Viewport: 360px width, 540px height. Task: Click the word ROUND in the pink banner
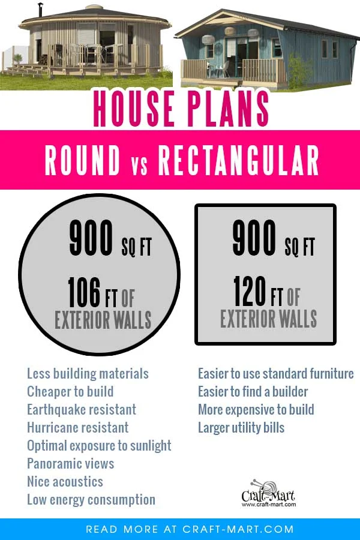point(83,160)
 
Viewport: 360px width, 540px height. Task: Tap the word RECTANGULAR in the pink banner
point(238,160)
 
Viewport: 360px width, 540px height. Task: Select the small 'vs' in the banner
point(140,165)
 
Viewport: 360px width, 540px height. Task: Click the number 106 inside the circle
point(85,292)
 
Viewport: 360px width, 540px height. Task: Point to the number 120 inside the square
point(250,292)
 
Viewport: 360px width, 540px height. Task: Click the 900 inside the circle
point(91,238)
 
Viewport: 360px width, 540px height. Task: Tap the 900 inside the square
point(254,238)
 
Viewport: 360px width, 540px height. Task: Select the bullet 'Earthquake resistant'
point(82,410)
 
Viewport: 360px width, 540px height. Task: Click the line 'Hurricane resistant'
point(78,428)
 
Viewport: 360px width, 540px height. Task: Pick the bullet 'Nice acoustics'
point(65,481)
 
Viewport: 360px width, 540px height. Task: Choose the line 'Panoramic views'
point(71,464)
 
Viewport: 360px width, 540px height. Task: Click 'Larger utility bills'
point(241,428)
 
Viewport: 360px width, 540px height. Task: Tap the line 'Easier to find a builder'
point(253,392)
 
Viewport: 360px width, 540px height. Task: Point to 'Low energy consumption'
point(91,500)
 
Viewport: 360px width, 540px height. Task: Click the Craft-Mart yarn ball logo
point(268,493)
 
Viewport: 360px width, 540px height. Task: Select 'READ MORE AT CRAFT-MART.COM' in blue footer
point(190,529)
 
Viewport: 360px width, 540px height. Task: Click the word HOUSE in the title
point(134,109)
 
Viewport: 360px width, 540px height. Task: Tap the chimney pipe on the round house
point(41,10)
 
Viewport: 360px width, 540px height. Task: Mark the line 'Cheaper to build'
point(70,392)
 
